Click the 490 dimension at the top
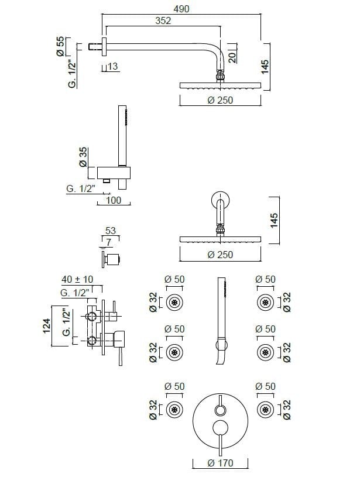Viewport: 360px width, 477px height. click(x=181, y=9)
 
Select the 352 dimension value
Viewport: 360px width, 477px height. click(x=163, y=20)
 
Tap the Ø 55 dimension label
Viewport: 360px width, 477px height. click(x=60, y=46)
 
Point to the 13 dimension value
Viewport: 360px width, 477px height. click(x=112, y=66)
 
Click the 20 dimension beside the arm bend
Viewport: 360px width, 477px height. click(x=232, y=57)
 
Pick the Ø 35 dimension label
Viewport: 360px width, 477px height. click(x=83, y=157)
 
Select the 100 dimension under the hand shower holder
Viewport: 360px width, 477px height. click(x=114, y=200)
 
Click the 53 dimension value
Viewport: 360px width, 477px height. click(x=111, y=230)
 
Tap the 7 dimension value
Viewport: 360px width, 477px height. click(x=109, y=242)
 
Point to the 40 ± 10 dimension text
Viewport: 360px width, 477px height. click(x=77, y=279)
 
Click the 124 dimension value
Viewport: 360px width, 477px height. click(x=47, y=325)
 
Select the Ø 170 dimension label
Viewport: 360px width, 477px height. click(x=220, y=463)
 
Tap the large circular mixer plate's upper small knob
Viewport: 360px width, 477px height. click(x=220, y=410)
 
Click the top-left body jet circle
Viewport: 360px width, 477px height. click(x=174, y=303)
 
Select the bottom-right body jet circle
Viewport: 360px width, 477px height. click(x=266, y=410)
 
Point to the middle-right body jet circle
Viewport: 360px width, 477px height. click(x=266, y=352)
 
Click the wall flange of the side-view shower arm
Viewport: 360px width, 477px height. click(x=104, y=47)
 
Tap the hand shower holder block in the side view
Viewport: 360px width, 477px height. click(x=114, y=173)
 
